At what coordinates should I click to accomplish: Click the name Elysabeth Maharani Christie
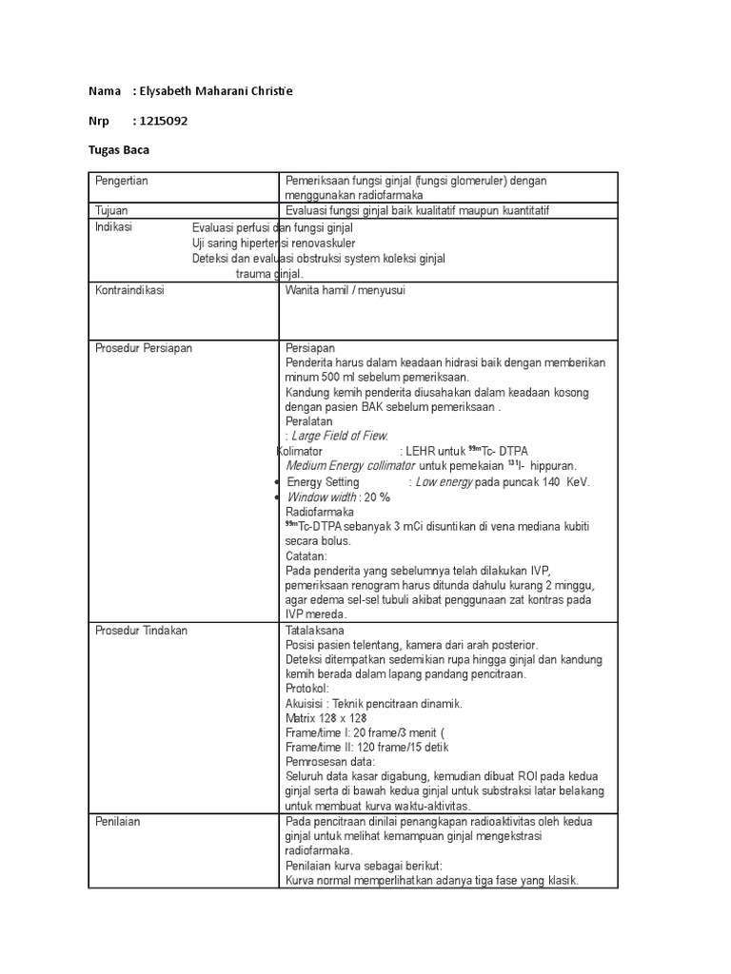216,90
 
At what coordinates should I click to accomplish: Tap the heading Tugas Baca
119,150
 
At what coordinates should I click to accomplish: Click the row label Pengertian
122,181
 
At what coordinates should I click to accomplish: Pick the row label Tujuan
111,210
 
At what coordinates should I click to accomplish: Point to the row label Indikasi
114,227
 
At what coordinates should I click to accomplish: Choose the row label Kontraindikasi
129,290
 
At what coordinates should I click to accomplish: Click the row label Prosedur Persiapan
144,348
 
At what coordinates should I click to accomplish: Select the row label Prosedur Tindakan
142,630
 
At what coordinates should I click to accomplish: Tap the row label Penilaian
118,822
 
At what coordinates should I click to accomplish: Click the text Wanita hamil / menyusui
346,290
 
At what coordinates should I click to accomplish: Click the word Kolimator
299,450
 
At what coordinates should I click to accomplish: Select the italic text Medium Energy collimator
350,465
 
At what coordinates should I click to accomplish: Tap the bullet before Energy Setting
277,483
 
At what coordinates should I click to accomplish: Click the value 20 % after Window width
377,497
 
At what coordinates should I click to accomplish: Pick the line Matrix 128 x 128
326,718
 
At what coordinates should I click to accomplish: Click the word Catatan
306,555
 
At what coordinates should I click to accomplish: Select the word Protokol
306,688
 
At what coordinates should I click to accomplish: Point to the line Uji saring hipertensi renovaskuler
268,243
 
